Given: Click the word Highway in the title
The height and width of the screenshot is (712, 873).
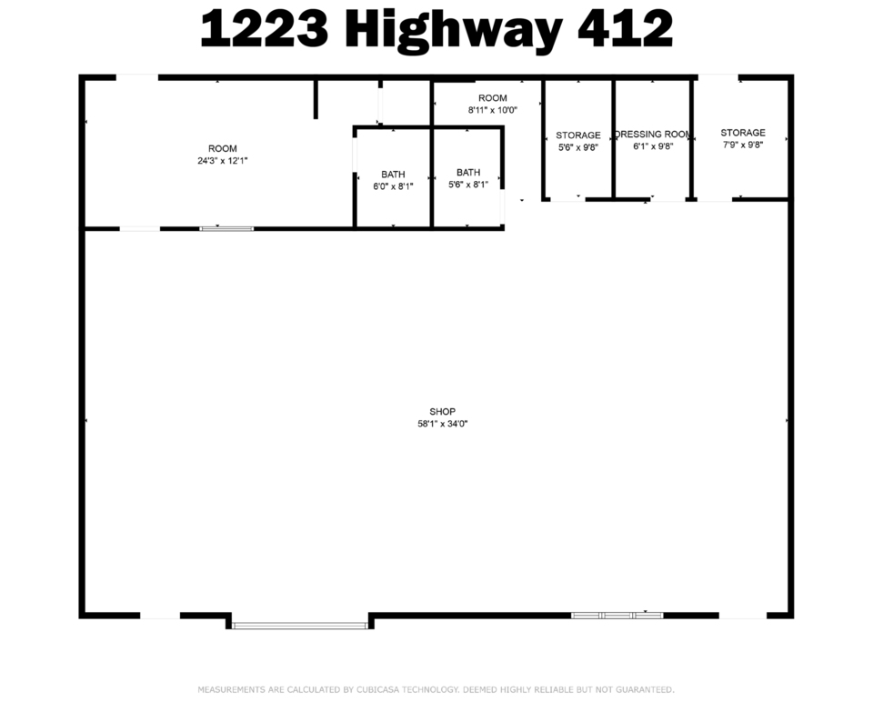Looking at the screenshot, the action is (452, 31).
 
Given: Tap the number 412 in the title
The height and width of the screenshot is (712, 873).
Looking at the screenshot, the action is (626, 28).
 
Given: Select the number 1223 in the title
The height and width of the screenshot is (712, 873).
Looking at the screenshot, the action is (265, 28).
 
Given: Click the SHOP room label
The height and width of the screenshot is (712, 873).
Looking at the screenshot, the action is (443, 411).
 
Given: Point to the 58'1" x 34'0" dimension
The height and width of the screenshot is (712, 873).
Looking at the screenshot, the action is (443, 424).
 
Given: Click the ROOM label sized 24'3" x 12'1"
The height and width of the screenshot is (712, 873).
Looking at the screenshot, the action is (223, 148).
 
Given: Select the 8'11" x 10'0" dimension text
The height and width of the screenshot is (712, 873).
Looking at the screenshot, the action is (493, 110).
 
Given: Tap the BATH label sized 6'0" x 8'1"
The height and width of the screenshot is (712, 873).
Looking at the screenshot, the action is (393, 175).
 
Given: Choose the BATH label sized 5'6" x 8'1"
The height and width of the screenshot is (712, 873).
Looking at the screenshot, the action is (468, 173).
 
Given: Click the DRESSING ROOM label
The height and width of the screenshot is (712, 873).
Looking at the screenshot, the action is (653, 135).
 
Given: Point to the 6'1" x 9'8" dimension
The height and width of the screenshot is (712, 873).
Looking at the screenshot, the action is (653, 146).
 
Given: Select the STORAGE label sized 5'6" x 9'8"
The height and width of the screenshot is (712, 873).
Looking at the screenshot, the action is (578, 135).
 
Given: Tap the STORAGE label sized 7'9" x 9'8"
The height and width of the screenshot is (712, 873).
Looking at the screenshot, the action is (743, 133).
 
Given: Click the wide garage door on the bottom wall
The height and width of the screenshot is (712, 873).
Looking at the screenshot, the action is (299, 626).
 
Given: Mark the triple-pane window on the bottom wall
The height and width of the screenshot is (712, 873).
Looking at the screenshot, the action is (617, 615).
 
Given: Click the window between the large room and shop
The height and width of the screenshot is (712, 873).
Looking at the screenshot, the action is (226, 229).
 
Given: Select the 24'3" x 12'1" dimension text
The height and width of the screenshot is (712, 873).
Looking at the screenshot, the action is (223, 161).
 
